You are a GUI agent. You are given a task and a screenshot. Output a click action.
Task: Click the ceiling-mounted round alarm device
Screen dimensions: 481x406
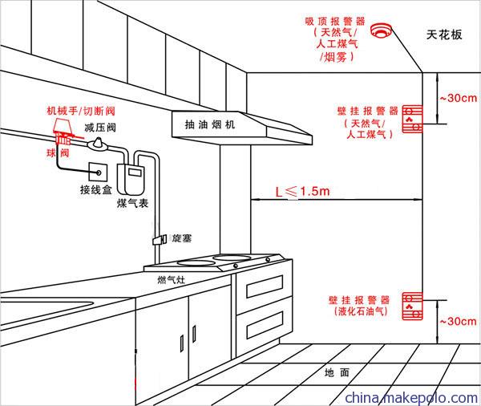click(x=381, y=30)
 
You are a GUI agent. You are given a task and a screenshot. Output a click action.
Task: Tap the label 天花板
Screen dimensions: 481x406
click(x=444, y=35)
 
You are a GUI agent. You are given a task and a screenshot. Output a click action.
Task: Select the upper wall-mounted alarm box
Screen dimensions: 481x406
click(x=412, y=119)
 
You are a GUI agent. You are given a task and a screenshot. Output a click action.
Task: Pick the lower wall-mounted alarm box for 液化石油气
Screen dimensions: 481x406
click(x=412, y=307)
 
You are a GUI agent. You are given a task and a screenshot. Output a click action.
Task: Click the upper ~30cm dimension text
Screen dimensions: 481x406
click(x=459, y=98)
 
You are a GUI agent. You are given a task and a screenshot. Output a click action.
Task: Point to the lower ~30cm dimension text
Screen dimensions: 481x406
click(x=459, y=321)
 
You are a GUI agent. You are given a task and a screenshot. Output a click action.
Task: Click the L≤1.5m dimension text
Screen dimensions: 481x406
click(x=302, y=191)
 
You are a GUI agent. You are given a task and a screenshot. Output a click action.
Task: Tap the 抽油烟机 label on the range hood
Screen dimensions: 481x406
click(x=210, y=124)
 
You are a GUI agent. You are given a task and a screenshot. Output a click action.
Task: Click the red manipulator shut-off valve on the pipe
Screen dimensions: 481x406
click(x=64, y=132)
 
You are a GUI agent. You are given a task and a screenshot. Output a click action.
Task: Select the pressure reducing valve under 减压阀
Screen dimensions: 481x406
click(x=98, y=144)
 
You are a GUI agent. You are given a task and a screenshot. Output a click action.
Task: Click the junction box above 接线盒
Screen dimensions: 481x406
click(x=98, y=173)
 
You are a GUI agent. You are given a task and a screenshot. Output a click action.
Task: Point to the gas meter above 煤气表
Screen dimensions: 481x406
click(x=131, y=179)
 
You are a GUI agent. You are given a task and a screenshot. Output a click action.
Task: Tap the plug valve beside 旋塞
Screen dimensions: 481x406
click(x=160, y=239)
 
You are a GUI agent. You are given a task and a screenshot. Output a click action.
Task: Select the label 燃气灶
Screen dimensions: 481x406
click(x=172, y=280)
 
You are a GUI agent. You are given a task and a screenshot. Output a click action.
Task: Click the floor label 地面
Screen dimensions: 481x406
click(x=337, y=372)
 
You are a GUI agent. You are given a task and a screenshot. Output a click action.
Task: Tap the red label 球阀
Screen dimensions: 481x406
click(x=58, y=152)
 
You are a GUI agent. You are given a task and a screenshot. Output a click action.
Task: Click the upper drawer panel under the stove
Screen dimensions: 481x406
click(x=265, y=286)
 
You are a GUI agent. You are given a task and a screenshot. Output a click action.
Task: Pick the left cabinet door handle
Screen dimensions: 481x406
click(x=182, y=343)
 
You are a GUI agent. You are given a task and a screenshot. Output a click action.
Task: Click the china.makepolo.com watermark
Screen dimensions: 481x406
click(x=411, y=398)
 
